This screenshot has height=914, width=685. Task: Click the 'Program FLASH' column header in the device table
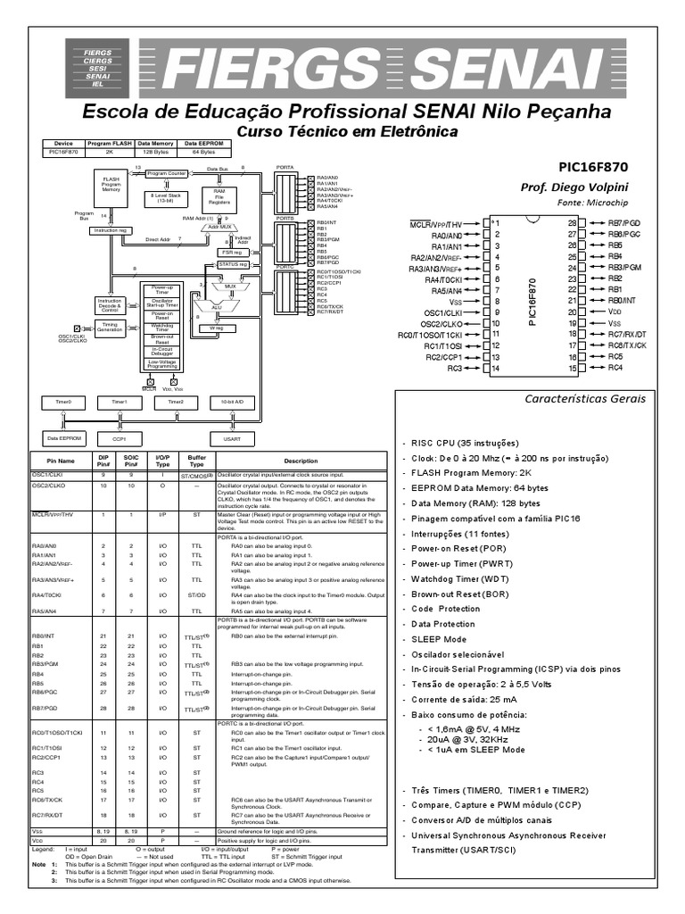[110, 143]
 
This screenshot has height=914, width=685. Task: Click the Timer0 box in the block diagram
[63, 403]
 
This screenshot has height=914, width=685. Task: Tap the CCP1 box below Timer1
[120, 438]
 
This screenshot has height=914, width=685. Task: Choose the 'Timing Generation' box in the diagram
[110, 328]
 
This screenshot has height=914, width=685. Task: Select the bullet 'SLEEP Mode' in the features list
[439, 639]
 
